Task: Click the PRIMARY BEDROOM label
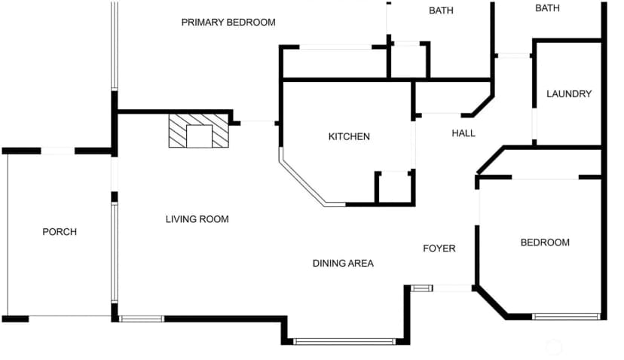coord(228,23)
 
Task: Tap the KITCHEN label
coord(349,136)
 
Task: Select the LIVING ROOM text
coord(197,218)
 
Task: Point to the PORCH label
coord(60,231)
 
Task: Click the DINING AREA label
coord(343,263)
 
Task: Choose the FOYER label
coord(439,249)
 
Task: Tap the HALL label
coord(463,133)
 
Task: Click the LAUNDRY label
coord(569,94)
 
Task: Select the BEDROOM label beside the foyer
coord(545,243)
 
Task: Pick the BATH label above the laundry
coord(547,8)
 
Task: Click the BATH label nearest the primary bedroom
coord(441,11)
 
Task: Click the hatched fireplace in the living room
coord(199,131)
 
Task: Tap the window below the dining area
coord(344,341)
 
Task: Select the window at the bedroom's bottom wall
coord(566,316)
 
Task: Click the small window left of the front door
coord(421,288)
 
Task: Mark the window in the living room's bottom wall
coord(141,319)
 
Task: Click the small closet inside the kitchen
coord(395,188)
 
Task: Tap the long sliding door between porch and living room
coord(115,252)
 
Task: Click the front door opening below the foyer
coord(452,288)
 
